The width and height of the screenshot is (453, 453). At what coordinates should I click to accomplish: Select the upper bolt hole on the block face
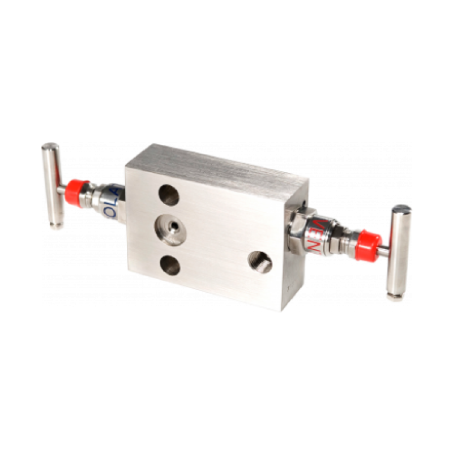tap(169, 194)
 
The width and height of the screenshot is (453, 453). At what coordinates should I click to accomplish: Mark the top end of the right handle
tap(403, 209)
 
